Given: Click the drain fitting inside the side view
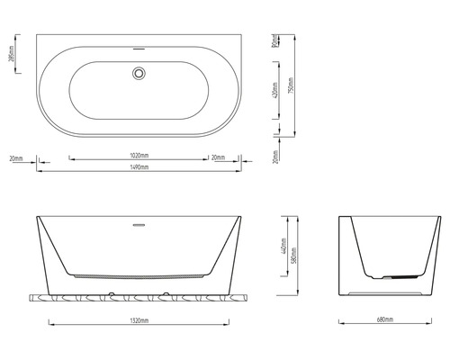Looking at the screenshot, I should tap(387, 278).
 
